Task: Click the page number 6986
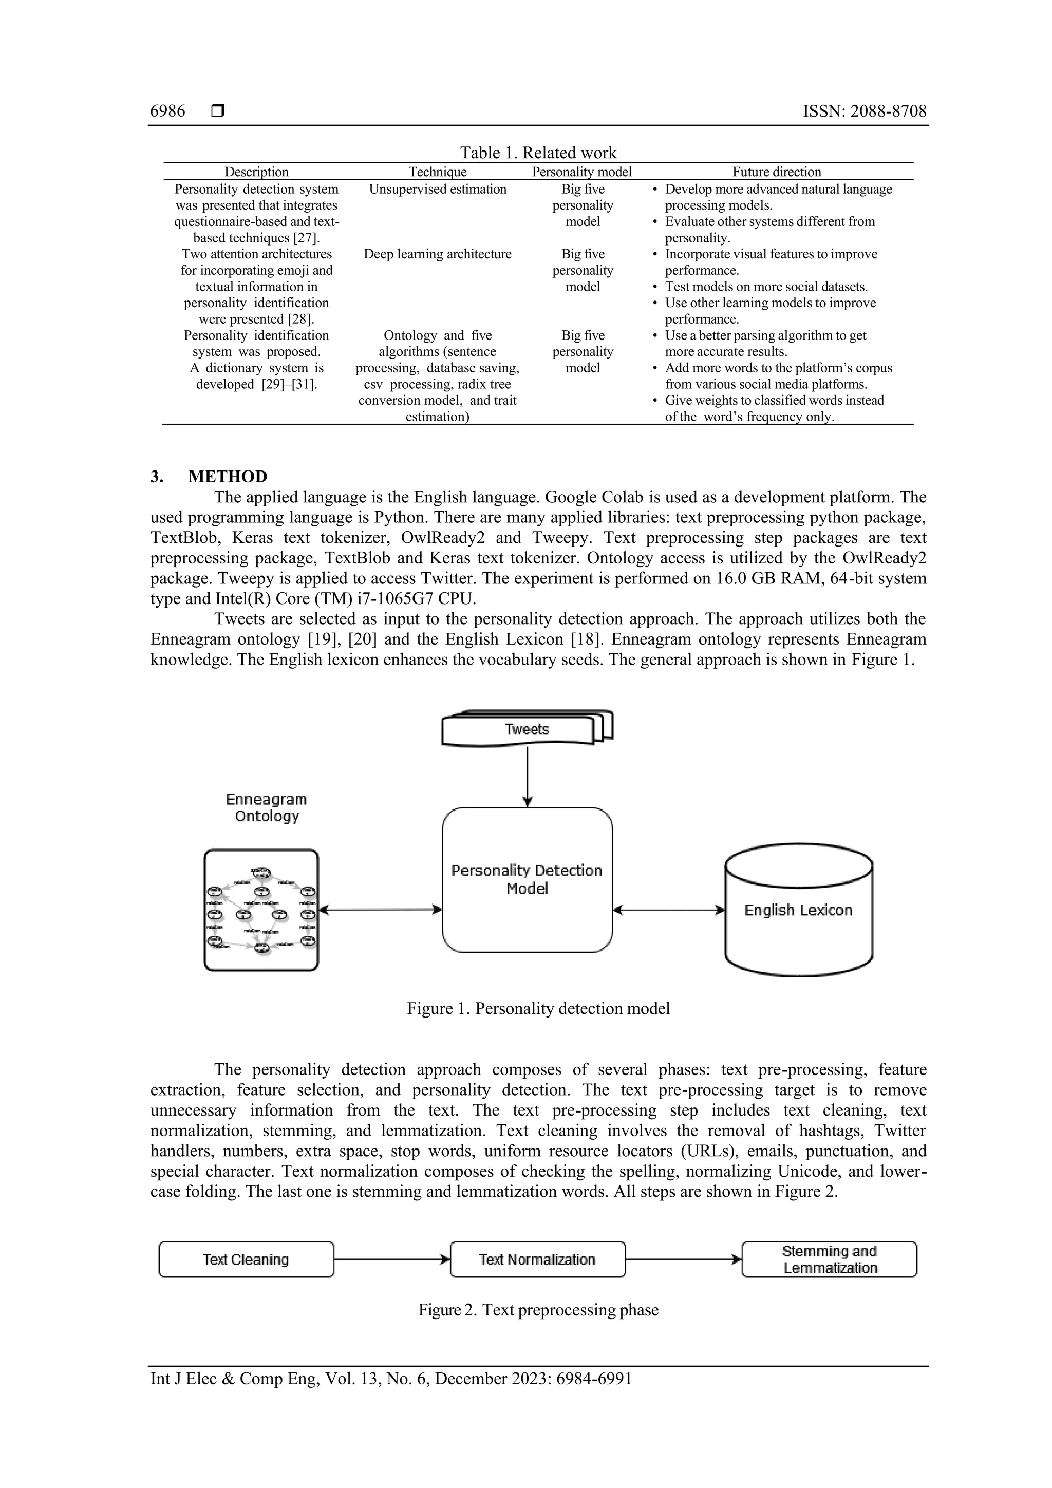coord(167,111)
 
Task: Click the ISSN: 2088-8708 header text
coord(864,111)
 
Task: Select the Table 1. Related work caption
coord(538,153)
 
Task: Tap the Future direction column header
coord(777,172)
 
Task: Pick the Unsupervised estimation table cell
coord(438,189)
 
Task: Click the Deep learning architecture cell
coord(438,254)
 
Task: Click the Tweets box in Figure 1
coord(527,730)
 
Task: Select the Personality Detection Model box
coord(527,879)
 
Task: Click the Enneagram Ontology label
coord(267,807)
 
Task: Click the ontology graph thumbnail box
coord(261,910)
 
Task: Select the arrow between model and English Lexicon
coord(668,910)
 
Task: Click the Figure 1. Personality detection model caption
coord(538,1008)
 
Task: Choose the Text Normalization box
coord(537,1259)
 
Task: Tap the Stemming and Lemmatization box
coord(829,1259)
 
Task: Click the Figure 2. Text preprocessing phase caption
coord(538,1310)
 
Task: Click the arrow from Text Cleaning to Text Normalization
coord(391,1259)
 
